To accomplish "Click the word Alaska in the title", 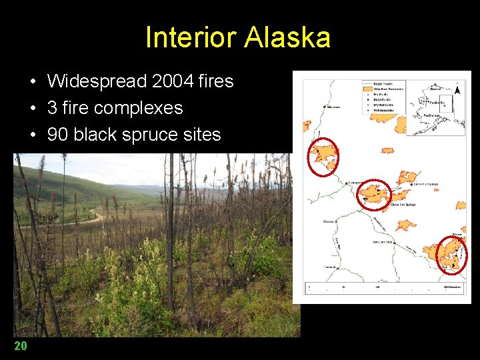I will (x=287, y=38).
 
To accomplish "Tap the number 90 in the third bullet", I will (x=57, y=134).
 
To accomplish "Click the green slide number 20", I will (x=21, y=345).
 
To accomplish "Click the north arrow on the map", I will (x=457, y=89).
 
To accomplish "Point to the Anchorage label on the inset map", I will (x=433, y=115).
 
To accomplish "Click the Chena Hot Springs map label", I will (x=403, y=205).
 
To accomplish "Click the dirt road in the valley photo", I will (x=73, y=221).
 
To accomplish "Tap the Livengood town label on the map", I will (x=355, y=181).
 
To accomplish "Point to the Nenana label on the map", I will (x=329, y=221).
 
